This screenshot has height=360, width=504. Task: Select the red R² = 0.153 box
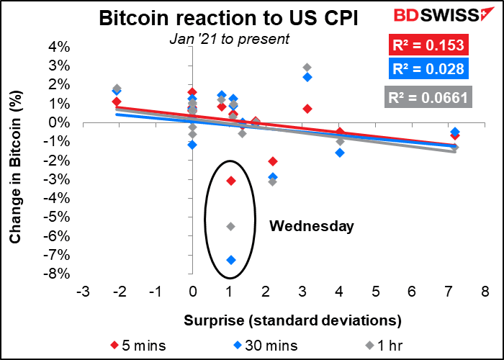pos(420,46)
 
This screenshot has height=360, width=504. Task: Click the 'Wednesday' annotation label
pos(312,226)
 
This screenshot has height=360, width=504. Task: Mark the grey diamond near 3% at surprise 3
pos(307,67)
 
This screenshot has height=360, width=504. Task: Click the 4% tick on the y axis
pos(60,48)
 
